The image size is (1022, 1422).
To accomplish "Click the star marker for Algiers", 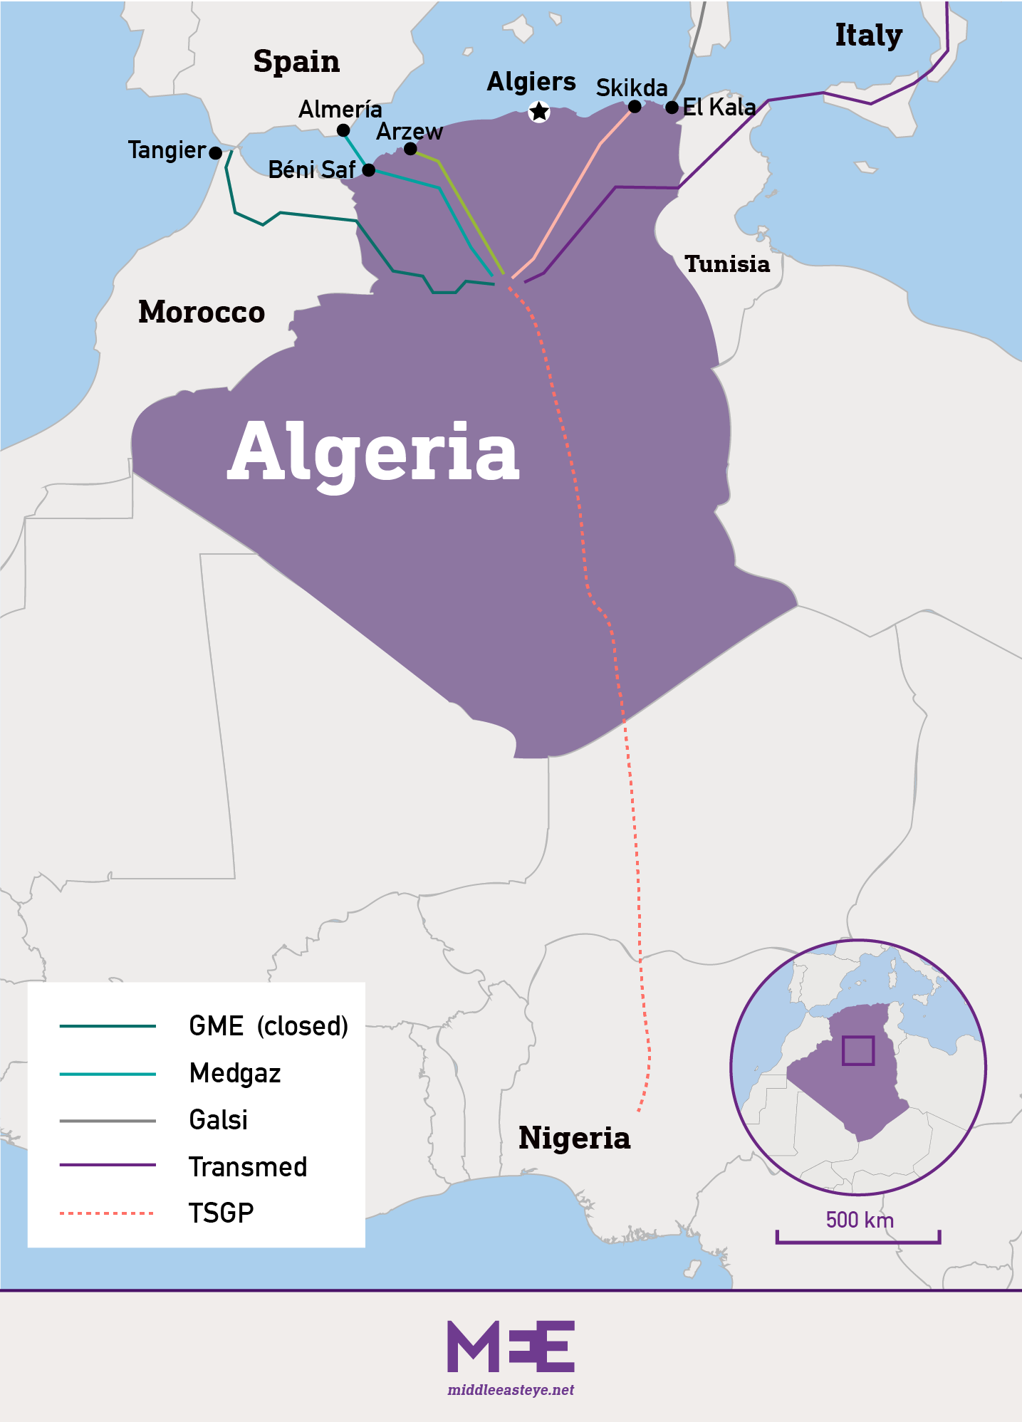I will click(x=539, y=112).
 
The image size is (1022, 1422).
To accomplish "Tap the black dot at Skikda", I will click(x=635, y=107).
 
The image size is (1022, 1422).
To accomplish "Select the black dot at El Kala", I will click(x=672, y=108).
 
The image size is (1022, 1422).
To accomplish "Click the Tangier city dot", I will click(x=216, y=153).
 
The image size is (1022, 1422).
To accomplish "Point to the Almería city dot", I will click(x=343, y=130).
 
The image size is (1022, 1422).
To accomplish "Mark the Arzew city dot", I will click(x=410, y=149).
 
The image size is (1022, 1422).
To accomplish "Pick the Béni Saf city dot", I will click(x=368, y=170).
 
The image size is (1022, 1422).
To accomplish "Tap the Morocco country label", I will click(x=202, y=312).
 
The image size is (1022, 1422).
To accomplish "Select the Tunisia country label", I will click(x=727, y=264).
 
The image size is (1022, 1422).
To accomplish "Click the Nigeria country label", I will click(x=574, y=1137).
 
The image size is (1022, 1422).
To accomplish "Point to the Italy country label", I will click(x=868, y=35).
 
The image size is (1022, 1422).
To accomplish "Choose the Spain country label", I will click(x=296, y=61).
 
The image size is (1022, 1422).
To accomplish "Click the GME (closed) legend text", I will click(x=268, y=1026).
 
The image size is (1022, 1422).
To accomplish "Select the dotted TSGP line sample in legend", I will click(x=107, y=1213).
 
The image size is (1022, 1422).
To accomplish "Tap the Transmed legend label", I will click(x=248, y=1166).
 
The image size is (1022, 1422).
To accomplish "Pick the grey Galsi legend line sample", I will click(x=107, y=1121).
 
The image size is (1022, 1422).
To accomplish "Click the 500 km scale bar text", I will click(x=859, y=1220).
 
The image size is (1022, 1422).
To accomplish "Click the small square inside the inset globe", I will click(x=857, y=1050).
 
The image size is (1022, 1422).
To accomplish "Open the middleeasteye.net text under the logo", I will click(x=511, y=1390).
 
